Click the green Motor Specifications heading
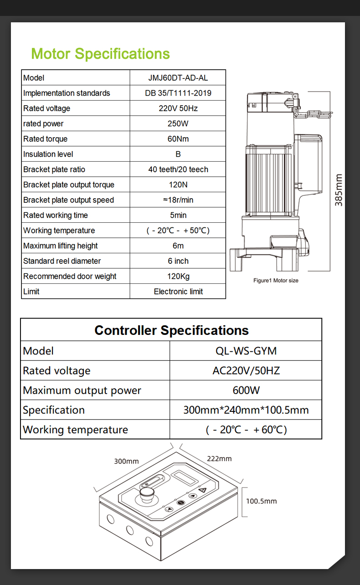100,54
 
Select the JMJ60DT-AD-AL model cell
178,78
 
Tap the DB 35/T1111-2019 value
178,93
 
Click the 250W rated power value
178,124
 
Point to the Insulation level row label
48,154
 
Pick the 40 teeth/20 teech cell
178,169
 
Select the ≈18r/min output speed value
178,200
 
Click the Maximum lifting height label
61,246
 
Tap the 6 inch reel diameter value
178,261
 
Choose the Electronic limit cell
178,292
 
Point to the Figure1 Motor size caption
276,281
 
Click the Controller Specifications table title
171,330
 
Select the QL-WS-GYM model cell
246,351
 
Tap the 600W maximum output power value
246,390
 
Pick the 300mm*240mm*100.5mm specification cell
246,410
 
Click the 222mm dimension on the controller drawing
219,458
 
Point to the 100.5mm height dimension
261,501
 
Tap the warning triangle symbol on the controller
203,490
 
